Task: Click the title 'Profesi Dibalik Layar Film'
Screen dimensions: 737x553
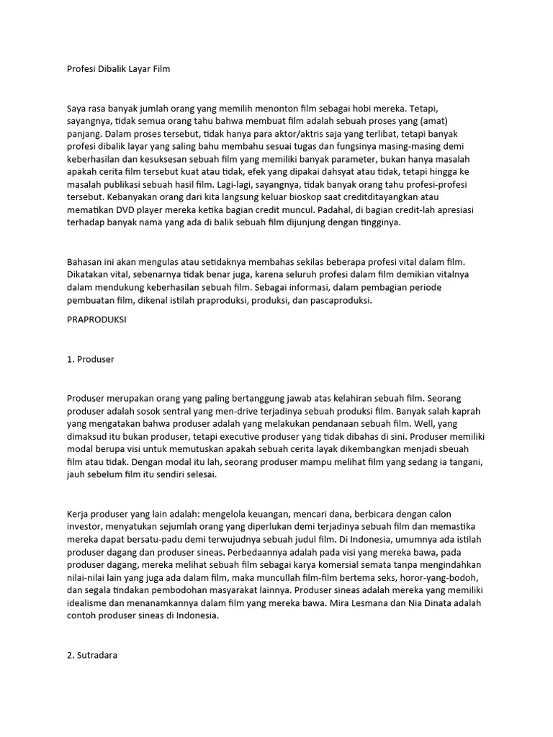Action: [118, 69]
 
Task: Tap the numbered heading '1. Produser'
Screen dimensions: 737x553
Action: [91, 358]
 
